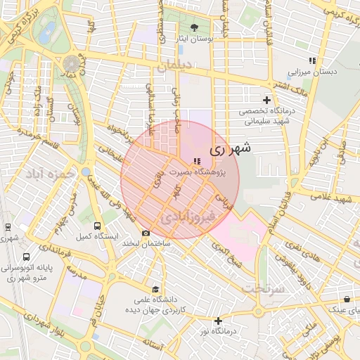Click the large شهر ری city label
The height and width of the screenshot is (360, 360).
225,150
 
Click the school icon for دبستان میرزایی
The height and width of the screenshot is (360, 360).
311,61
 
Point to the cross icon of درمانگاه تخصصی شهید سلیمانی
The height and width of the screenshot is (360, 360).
266,99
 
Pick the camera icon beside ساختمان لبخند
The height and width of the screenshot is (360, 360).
146,233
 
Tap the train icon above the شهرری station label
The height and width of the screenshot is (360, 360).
8,226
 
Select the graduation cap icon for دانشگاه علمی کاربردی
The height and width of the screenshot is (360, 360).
155,289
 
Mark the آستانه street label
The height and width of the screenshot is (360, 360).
153,345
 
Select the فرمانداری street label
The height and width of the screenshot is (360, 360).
75,258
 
